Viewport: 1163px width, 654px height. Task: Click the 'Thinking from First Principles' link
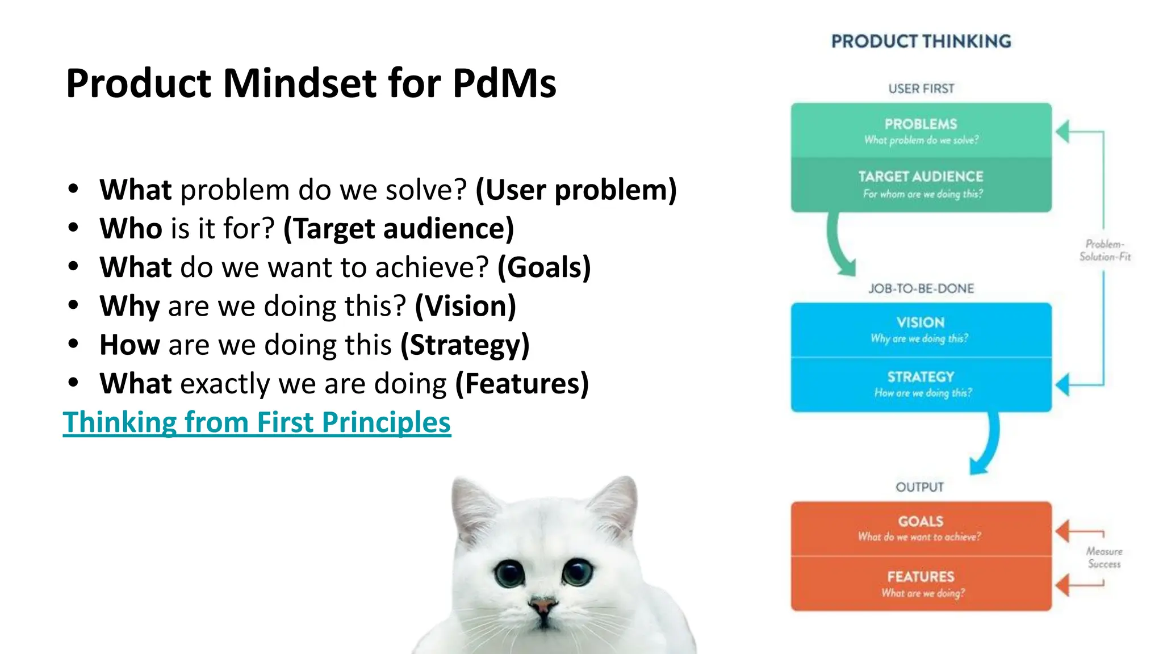pos(257,422)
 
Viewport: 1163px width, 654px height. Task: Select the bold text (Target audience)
pos(399,229)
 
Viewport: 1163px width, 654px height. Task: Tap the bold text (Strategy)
pos(465,345)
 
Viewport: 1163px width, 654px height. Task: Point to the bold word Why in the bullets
pos(129,307)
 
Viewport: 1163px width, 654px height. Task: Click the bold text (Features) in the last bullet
pos(522,384)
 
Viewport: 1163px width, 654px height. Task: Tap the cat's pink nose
pos(543,605)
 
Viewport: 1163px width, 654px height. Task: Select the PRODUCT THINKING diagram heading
pos(921,41)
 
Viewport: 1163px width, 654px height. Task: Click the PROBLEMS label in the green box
pos(921,124)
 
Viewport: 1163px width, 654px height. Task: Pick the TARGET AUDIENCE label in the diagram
pos(921,177)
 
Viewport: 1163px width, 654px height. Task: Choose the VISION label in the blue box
pos(921,322)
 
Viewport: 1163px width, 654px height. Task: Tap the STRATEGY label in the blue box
pos(921,377)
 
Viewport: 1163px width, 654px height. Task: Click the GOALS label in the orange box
pos(921,521)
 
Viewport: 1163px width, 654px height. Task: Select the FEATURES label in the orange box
pos(921,577)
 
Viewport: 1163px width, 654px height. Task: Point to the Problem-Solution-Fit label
pos(1105,250)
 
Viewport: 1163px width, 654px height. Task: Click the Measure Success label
pos(1104,557)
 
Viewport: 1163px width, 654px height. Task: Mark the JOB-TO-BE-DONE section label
pos(921,288)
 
